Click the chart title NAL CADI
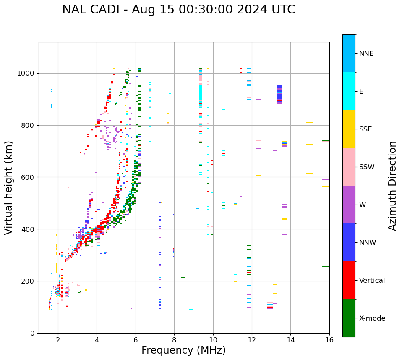(x=178, y=10)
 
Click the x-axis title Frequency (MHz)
(x=183, y=350)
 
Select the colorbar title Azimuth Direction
(x=392, y=186)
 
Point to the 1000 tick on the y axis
(x=27, y=73)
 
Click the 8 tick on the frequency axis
(x=174, y=339)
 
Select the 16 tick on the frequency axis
(x=329, y=339)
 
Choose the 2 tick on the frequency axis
(x=58, y=339)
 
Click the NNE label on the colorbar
(x=366, y=53)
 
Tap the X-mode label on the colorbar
(x=372, y=318)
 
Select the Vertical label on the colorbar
(x=372, y=280)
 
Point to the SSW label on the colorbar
(x=367, y=167)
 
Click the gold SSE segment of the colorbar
(x=349, y=129)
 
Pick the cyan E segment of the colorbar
(x=349, y=91)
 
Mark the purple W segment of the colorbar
(x=349, y=205)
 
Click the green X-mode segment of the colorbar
(x=349, y=318)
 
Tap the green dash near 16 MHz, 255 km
(x=326, y=267)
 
